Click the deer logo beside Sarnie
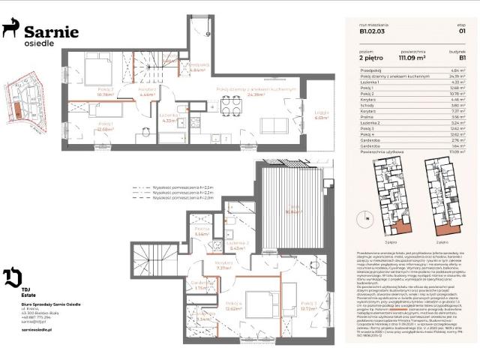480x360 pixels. (x=11, y=29)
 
